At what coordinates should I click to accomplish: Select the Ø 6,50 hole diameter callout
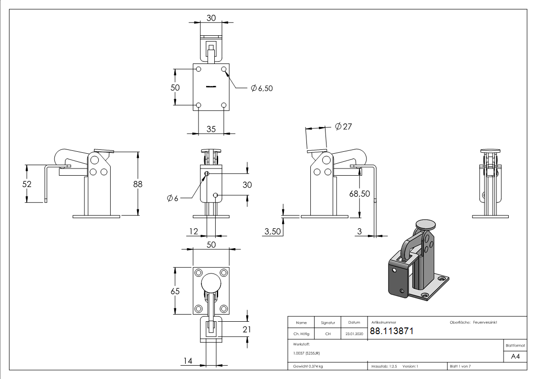(262, 88)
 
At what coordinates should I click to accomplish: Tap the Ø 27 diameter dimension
(343, 126)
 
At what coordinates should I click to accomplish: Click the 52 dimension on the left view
(27, 184)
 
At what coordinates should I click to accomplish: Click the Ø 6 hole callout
(173, 198)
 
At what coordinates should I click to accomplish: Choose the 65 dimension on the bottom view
(176, 291)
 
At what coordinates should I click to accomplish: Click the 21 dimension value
(247, 329)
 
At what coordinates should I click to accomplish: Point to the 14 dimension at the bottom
(188, 361)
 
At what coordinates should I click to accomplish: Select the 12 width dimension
(193, 232)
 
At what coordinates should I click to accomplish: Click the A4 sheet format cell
(515, 357)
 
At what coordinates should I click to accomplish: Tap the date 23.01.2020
(354, 334)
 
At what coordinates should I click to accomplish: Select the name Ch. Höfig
(301, 334)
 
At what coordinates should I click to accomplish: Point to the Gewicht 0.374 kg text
(308, 366)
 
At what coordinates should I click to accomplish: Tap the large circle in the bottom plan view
(211, 283)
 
